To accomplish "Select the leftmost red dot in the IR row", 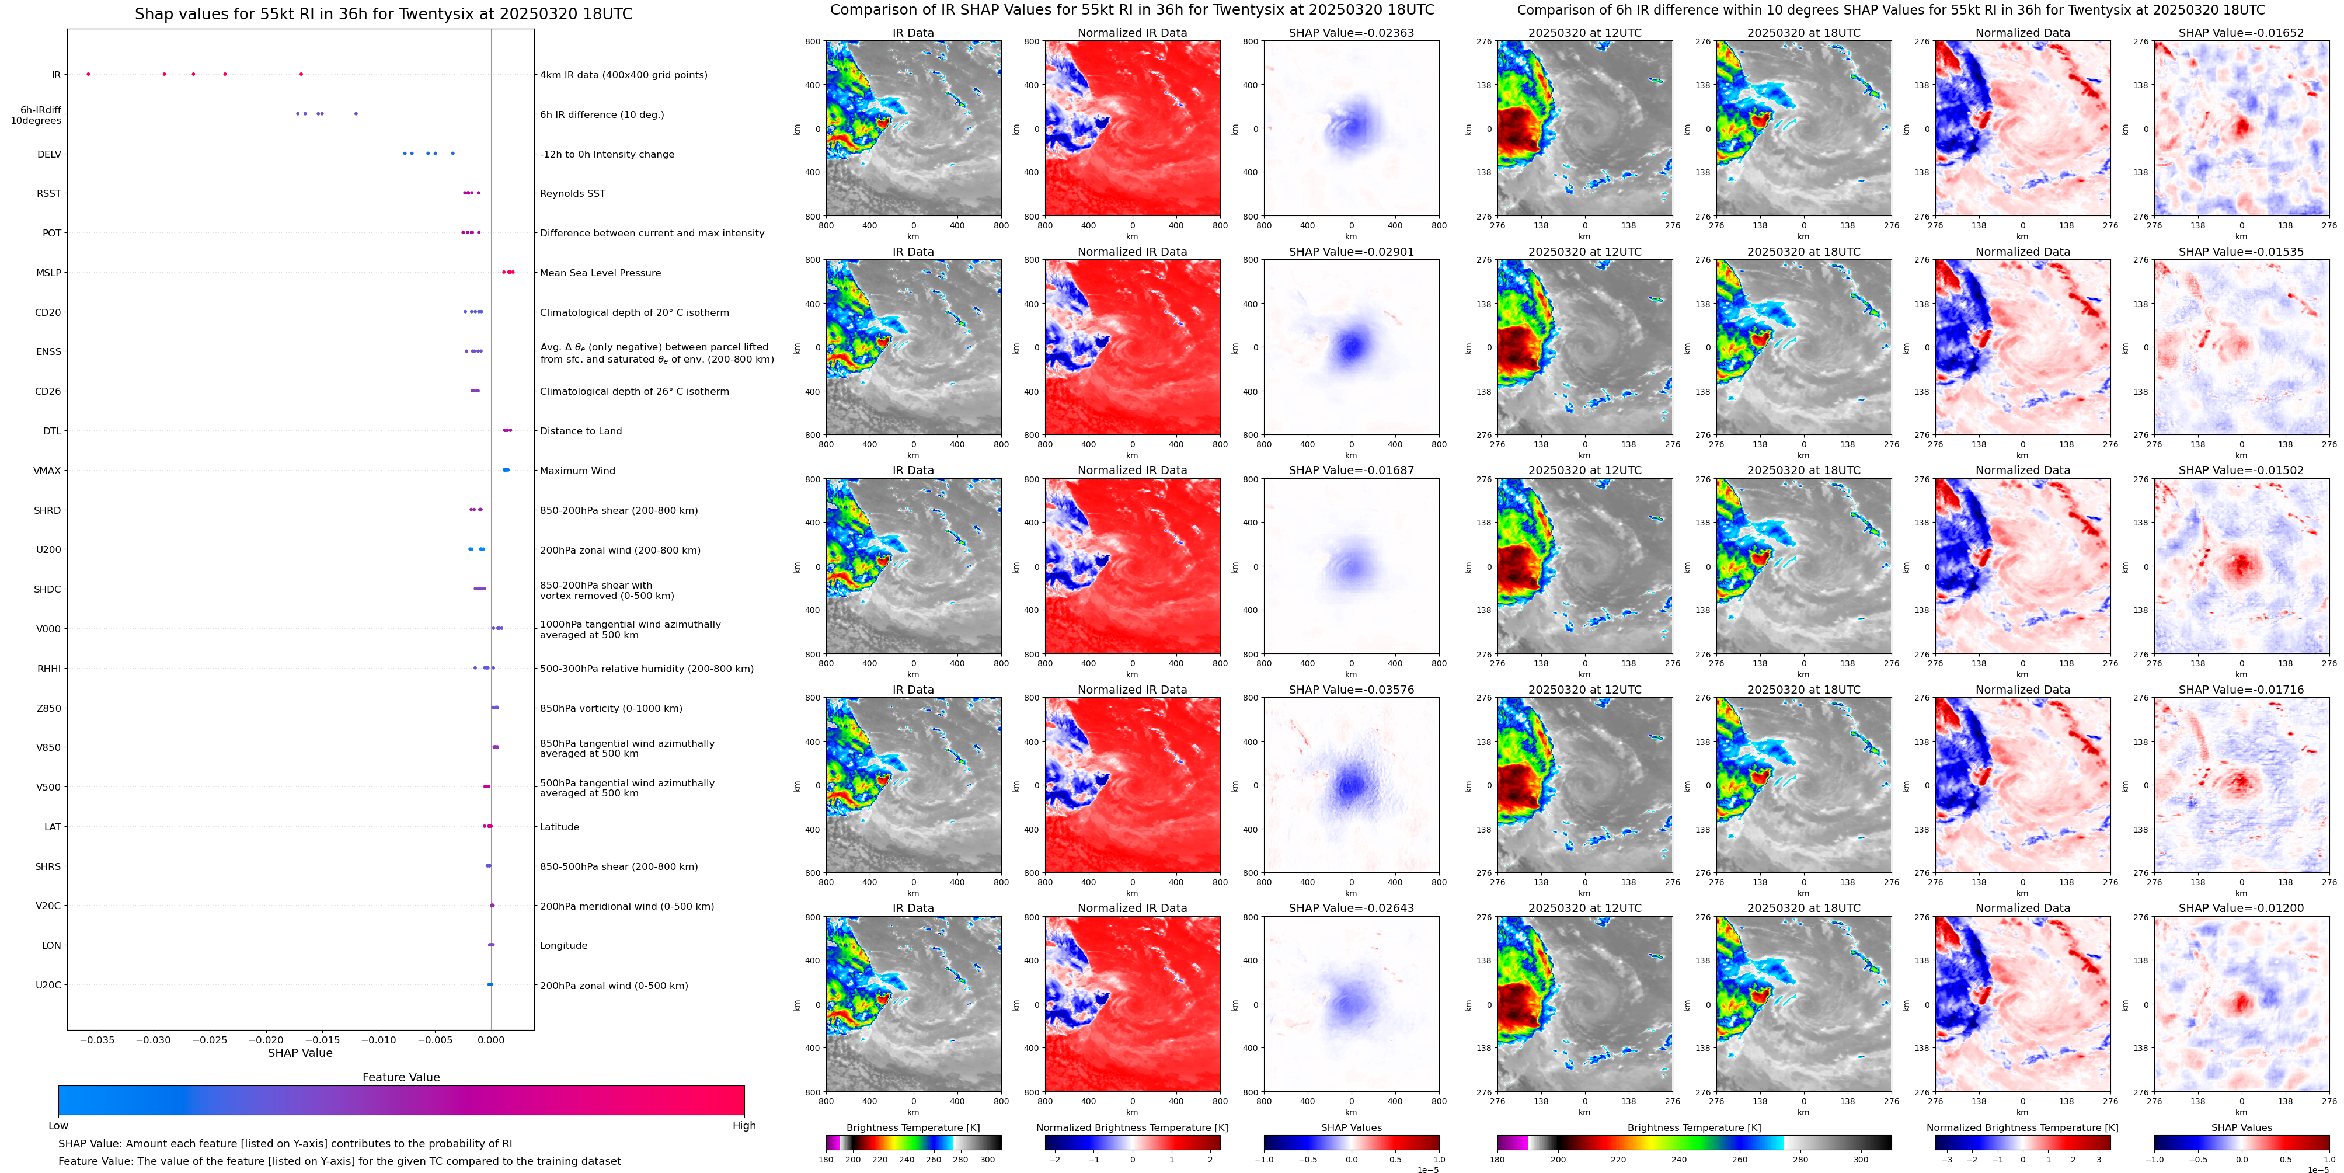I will [88, 74].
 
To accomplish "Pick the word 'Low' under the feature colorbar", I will [58, 1126].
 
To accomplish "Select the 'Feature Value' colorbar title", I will [400, 1077].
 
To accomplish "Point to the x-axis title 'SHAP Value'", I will [299, 1053].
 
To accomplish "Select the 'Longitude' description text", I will [563, 945].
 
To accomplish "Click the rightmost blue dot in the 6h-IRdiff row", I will [356, 114].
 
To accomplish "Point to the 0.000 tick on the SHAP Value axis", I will [492, 1039].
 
